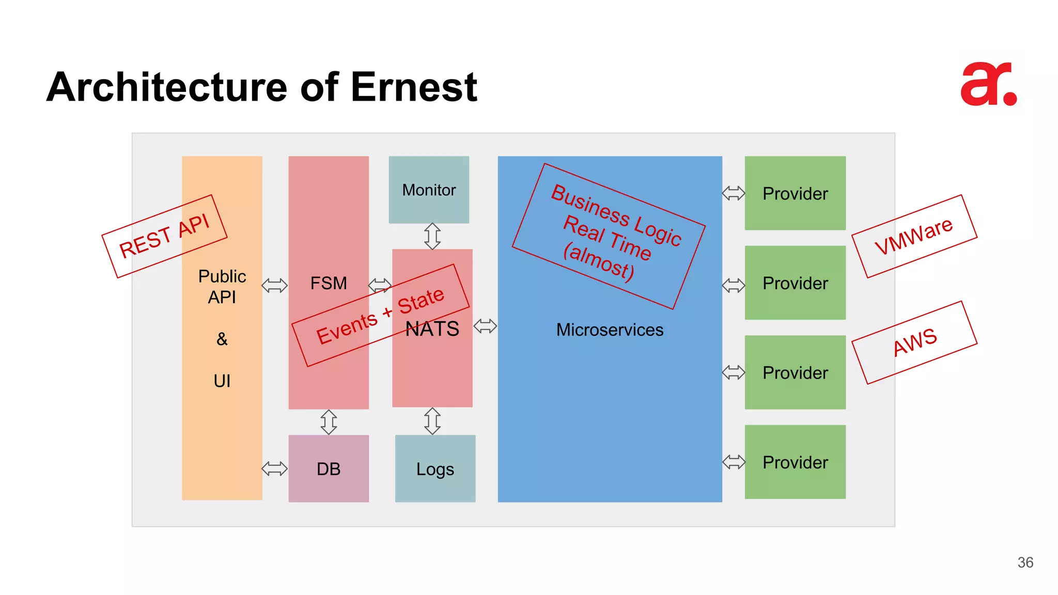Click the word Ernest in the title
point(413,87)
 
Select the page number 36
point(1025,562)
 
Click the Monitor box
point(429,190)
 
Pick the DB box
point(329,468)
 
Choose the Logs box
point(435,468)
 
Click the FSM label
point(329,283)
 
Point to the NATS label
point(433,329)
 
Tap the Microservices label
point(610,330)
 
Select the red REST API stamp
point(164,236)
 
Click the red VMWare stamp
point(914,236)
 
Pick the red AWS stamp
point(914,342)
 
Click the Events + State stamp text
point(380,316)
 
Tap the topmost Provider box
point(795,193)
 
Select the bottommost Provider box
point(795,462)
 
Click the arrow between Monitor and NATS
point(432,236)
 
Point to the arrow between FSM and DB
point(329,422)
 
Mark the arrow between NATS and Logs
point(432,421)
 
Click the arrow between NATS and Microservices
point(485,326)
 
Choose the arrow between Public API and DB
point(274,468)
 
